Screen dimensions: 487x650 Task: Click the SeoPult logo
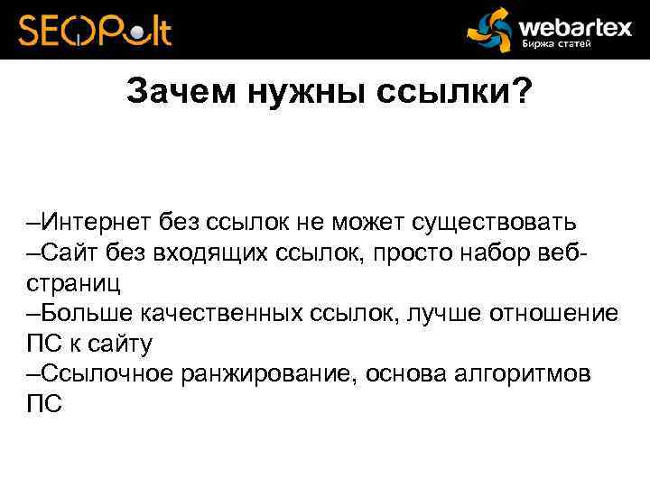click(95, 31)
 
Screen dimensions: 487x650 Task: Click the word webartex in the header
click(574, 25)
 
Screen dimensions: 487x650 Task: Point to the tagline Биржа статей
click(555, 45)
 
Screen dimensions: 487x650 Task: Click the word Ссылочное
click(102, 374)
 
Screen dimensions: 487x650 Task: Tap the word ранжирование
click(272, 374)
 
